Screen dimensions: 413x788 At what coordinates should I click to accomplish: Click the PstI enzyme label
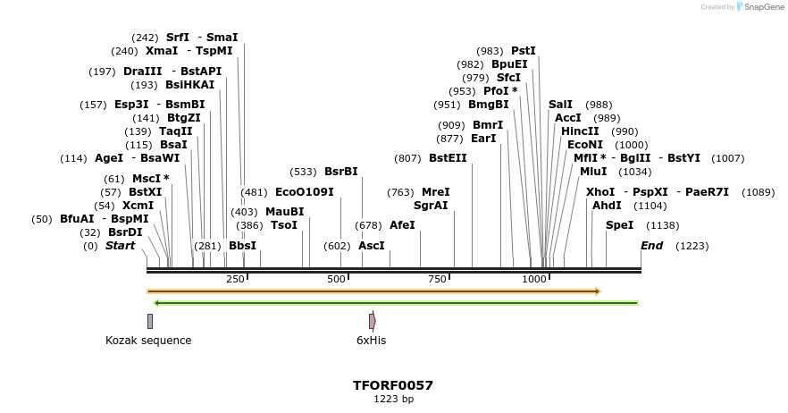[524, 51]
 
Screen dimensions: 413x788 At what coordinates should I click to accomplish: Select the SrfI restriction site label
[178, 38]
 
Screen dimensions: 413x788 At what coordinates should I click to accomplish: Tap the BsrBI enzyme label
[340, 172]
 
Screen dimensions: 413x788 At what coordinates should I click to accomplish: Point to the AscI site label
[371, 245]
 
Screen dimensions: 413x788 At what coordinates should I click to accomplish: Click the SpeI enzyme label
[619, 225]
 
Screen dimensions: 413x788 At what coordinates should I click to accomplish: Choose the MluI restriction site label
[593, 172]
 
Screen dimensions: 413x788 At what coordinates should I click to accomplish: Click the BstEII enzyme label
[448, 158]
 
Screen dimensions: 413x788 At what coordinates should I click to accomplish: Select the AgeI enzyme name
[109, 158]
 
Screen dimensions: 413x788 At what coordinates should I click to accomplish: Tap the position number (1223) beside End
[692, 246]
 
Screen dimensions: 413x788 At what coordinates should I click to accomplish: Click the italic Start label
[121, 246]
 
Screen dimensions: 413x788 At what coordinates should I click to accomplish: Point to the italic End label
[651, 246]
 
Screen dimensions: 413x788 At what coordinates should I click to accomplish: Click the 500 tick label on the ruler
[336, 280]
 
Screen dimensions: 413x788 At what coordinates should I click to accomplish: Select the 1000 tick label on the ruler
[534, 280]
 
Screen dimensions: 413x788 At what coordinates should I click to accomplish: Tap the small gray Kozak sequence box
[150, 321]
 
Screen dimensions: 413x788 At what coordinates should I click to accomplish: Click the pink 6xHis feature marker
[372, 321]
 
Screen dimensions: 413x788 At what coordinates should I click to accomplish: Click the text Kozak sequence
[148, 341]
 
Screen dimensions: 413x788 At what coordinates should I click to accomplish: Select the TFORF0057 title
[393, 385]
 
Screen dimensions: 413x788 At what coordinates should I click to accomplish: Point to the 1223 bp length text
[393, 400]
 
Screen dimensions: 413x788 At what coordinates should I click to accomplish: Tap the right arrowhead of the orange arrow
[598, 291]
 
